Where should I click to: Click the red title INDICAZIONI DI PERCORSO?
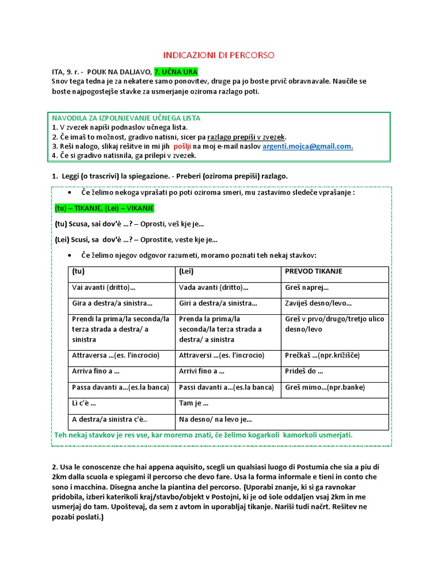click(x=219, y=55)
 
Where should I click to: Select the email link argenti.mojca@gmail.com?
click(x=307, y=146)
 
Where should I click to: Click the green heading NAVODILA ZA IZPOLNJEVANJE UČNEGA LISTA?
click(x=126, y=118)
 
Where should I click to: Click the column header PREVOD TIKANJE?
click(x=314, y=271)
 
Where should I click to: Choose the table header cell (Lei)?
click(x=187, y=271)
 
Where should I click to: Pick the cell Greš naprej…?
click(x=307, y=287)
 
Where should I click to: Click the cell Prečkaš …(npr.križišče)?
click(x=322, y=355)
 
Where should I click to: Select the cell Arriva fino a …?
click(x=96, y=371)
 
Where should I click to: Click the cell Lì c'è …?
click(x=84, y=404)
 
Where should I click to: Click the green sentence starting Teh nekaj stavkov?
click(x=203, y=435)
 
